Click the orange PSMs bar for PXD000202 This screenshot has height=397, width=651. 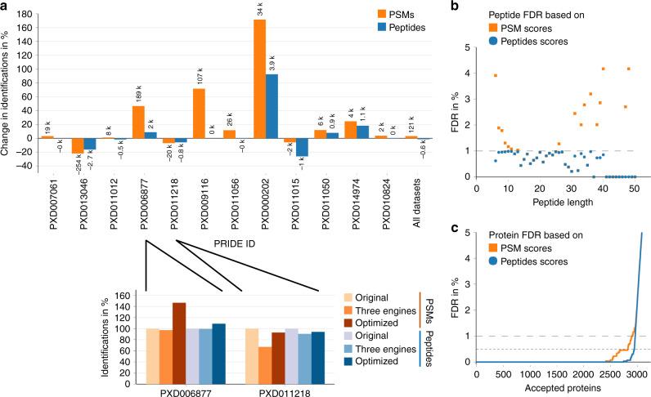tap(260, 78)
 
